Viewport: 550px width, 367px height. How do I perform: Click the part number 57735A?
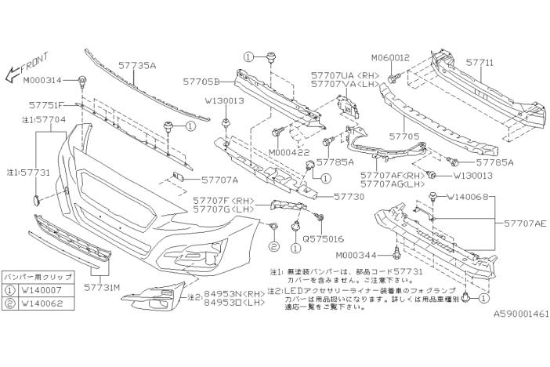(x=137, y=67)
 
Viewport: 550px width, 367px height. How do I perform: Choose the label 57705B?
(x=202, y=80)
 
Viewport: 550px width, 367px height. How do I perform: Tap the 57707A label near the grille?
(x=202, y=179)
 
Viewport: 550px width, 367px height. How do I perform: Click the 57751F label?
(x=60, y=104)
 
